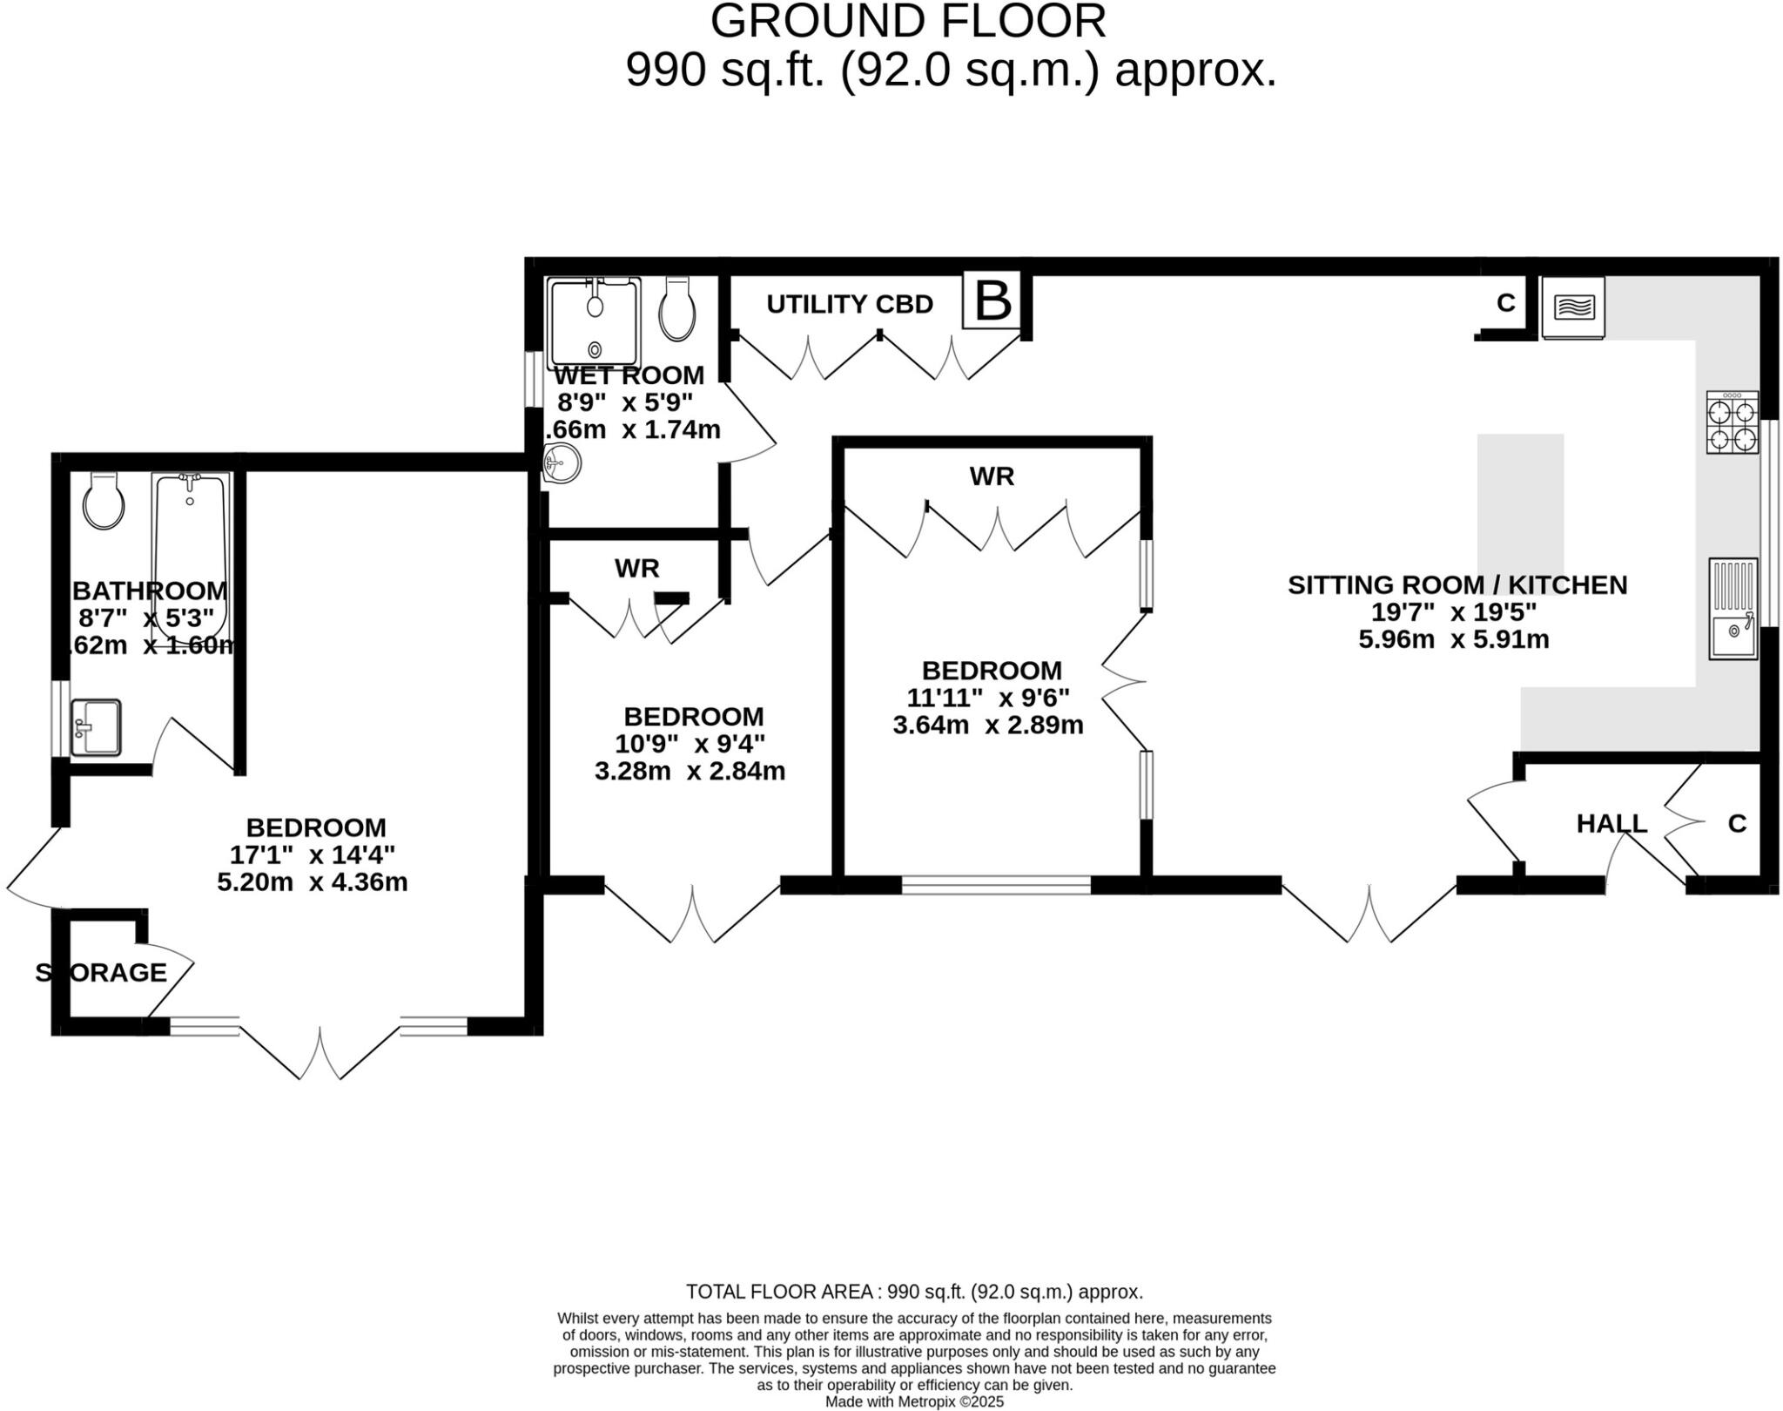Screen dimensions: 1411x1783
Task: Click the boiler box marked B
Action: [992, 301]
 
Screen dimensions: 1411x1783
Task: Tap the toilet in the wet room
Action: [677, 310]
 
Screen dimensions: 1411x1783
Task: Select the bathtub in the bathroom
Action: [190, 549]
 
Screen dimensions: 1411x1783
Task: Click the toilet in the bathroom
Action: [104, 502]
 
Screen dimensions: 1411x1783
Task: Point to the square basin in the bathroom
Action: [96, 727]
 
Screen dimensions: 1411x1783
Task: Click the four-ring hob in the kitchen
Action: [1732, 423]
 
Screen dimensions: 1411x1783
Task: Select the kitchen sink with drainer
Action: [1733, 609]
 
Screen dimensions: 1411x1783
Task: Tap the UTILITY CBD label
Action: [849, 305]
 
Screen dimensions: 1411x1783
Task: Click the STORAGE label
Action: [101, 973]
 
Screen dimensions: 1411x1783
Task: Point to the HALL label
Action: [1611, 824]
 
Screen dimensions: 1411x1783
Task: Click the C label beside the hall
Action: [1737, 824]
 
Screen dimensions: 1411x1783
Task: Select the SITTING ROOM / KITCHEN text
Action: [1457, 585]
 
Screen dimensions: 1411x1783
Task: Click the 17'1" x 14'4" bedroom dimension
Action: [313, 854]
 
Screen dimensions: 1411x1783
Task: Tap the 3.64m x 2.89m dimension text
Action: [987, 725]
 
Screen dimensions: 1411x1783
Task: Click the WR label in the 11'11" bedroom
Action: [992, 476]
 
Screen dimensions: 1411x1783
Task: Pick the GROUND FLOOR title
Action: [907, 21]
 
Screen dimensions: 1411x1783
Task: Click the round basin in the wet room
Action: [562, 462]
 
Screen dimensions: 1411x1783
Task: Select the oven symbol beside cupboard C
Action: [1573, 307]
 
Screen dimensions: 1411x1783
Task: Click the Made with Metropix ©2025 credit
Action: [914, 1401]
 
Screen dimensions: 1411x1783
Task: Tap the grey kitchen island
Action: [1520, 505]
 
